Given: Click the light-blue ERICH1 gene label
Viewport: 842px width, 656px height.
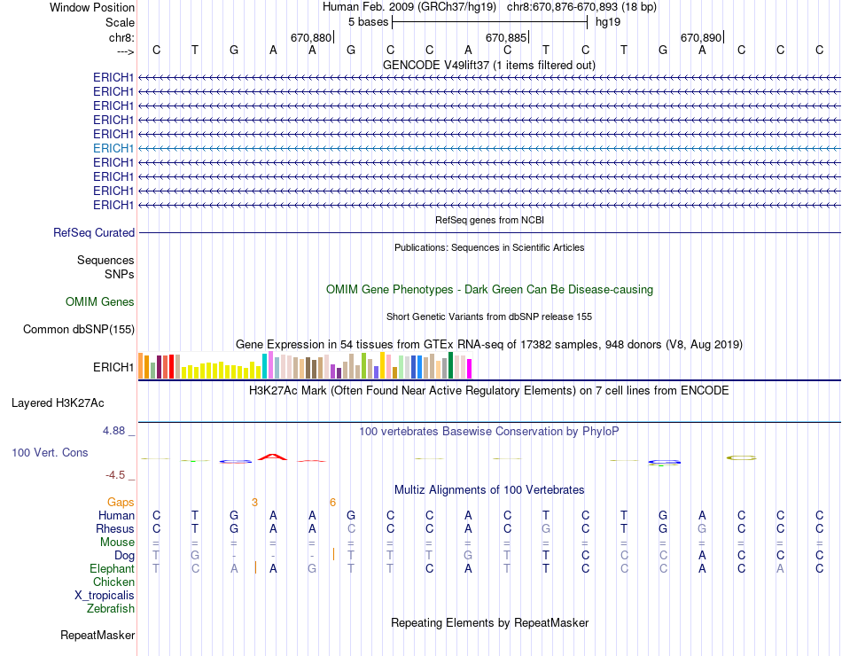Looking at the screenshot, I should click(113, 148).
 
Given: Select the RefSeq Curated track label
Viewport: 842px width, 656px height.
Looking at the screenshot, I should click(94, 232).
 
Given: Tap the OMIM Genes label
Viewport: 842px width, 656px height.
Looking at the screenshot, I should click(100, 302).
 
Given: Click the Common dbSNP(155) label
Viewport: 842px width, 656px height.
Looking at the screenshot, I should click(79, 330).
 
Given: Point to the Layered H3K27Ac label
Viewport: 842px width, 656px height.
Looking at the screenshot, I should click(58, 402).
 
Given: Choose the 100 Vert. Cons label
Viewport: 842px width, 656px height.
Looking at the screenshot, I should click(50, 452).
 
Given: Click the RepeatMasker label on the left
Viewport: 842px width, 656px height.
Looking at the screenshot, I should click(97, 635).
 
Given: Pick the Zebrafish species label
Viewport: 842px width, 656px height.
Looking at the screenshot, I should click(111, 609).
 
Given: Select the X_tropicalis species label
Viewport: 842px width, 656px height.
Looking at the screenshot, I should click(105, 596).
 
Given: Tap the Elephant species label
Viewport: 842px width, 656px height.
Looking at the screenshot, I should click(112, 569).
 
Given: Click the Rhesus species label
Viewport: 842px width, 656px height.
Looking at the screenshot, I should click(114, 529).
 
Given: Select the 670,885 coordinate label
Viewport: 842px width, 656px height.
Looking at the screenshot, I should click(507, 38).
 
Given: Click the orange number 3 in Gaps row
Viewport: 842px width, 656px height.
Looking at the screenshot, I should click(254, 502).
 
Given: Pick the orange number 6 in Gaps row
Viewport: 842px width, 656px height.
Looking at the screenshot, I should click(332, 502).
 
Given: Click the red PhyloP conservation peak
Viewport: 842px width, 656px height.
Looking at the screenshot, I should click(273, 457).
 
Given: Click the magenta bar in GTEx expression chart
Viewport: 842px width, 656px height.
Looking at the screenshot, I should click(469, 368).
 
